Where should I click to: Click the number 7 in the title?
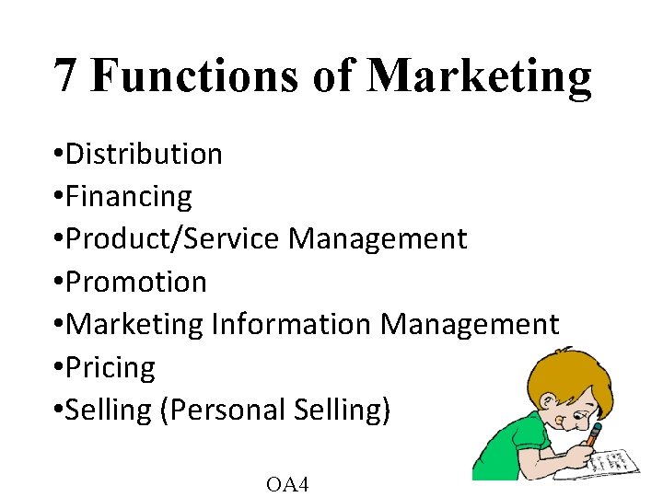tap(64, 75)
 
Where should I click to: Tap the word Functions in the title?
tap(193, 75)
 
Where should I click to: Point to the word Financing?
tap(130, 197)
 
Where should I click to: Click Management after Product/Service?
tap(378, 239)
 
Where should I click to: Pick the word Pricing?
tap(111, 367)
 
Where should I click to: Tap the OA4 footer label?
tap(286, 483)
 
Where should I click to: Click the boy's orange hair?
tap(552, 373)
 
